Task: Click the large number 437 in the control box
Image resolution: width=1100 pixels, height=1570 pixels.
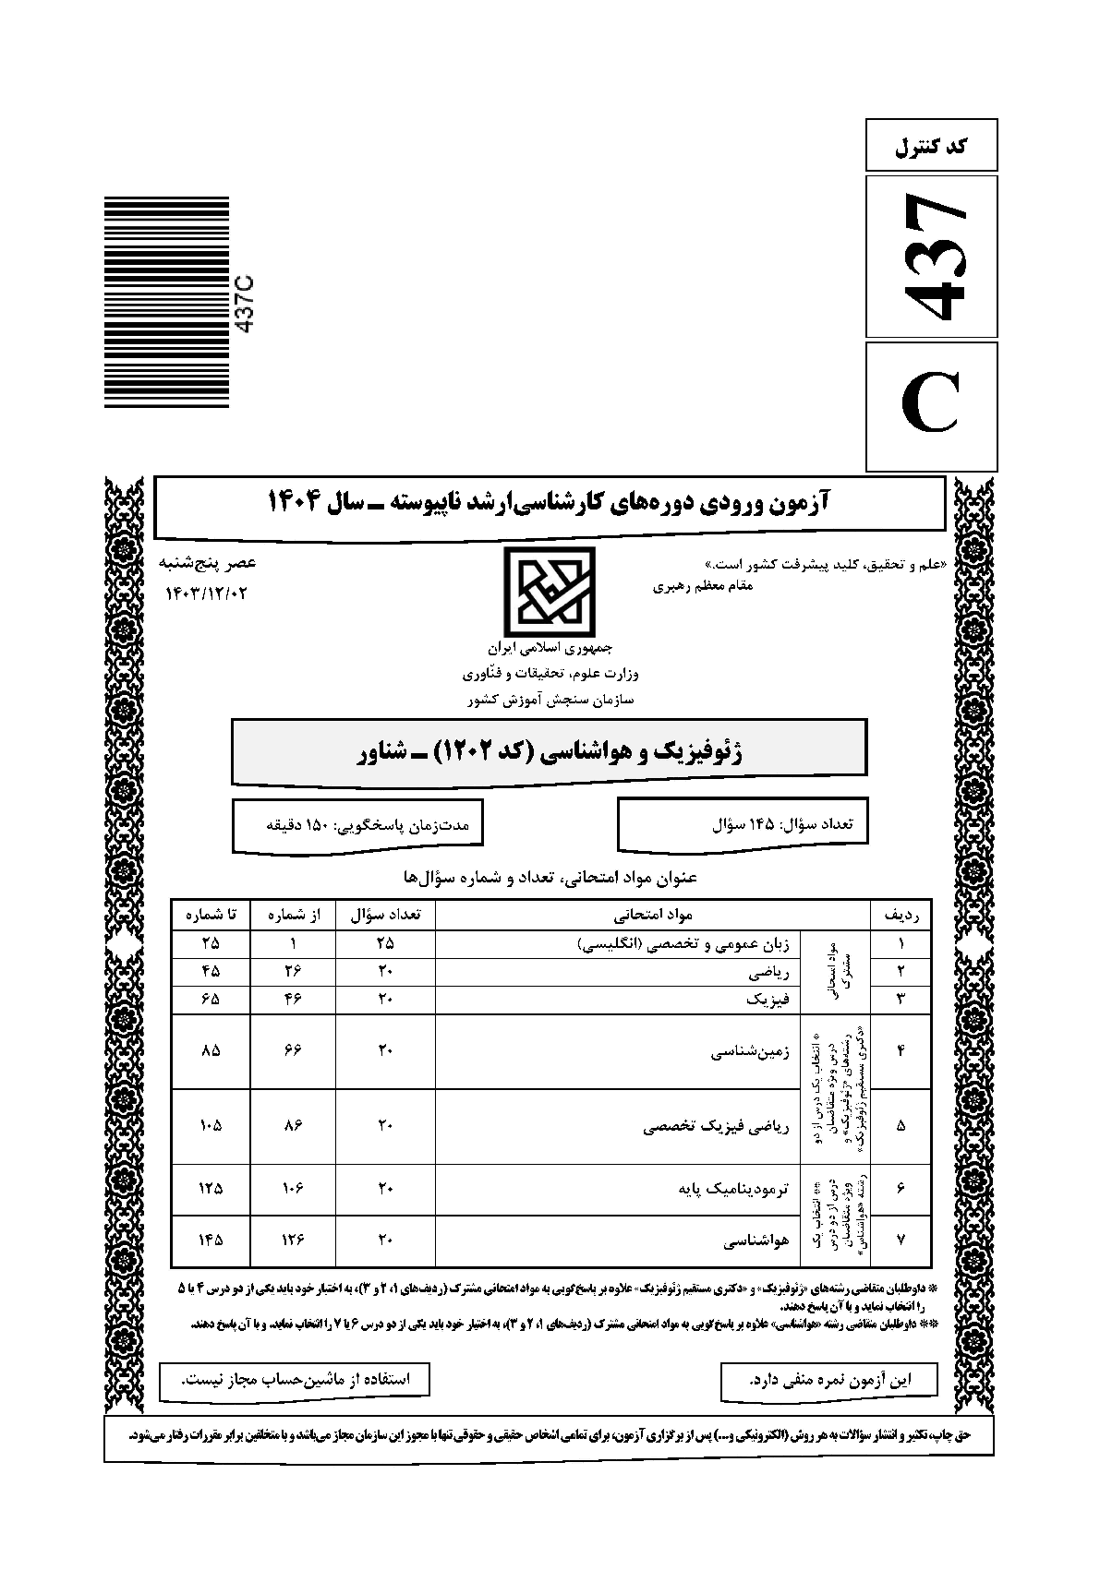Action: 932,256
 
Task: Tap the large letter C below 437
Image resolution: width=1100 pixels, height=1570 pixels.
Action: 932,405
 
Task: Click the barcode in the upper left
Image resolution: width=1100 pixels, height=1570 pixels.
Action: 166,302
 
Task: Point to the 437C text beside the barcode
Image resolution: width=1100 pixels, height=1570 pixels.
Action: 247,304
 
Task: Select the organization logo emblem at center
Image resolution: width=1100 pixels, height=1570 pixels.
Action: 549,590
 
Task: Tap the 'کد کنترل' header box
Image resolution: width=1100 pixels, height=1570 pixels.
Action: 932,146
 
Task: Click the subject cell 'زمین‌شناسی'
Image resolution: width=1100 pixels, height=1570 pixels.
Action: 750,1051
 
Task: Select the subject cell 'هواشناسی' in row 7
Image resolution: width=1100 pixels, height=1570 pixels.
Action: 755,1241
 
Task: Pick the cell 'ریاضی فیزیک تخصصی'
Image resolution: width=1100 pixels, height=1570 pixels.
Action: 716,1126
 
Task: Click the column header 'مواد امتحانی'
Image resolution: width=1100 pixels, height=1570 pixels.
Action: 653,915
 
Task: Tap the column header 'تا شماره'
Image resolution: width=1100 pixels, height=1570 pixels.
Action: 211,915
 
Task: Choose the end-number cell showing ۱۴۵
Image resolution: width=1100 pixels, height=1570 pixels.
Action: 211,1240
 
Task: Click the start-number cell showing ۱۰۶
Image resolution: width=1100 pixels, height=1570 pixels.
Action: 293,1189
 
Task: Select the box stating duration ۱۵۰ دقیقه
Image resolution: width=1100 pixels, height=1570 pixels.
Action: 357,823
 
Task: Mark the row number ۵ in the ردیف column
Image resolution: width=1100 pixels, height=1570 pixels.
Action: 901,1126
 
